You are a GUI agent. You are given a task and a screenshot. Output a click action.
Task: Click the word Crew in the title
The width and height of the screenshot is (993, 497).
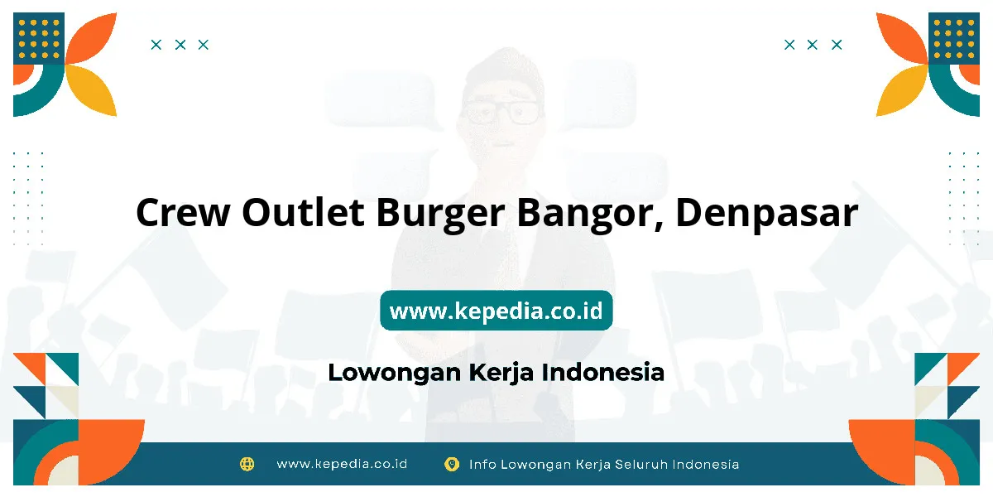183,213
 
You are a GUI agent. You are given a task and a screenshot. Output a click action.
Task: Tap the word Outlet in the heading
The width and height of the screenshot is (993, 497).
303,212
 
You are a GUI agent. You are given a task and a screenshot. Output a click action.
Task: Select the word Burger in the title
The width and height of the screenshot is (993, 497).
440,214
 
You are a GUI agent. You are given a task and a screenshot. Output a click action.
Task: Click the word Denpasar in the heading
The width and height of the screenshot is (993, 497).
767,214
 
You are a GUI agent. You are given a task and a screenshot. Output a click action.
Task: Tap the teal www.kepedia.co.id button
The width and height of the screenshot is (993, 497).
496,310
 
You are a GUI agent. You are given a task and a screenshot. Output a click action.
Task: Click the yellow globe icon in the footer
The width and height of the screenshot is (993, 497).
247,464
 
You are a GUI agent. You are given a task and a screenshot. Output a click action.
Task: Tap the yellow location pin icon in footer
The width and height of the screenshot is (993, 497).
452,464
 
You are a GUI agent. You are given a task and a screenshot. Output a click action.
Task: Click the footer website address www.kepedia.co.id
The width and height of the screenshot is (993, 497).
342,464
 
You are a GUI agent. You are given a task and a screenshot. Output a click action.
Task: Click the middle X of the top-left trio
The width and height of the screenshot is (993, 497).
180,45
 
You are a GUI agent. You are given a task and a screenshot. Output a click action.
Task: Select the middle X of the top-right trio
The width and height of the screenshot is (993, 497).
812,45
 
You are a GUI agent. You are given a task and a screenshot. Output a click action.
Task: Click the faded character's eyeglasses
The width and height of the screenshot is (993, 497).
501,113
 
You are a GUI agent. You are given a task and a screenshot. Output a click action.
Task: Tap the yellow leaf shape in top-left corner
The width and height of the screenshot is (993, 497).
92,89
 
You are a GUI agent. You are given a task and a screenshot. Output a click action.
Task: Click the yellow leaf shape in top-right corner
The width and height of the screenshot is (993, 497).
901,89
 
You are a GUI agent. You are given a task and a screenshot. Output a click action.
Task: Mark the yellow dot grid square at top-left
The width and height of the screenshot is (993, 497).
39,39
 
